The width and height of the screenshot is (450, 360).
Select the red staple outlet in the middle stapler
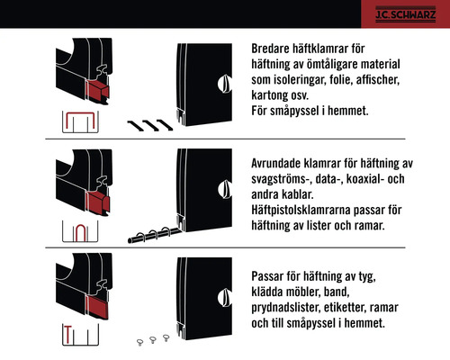tap(96, 203)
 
